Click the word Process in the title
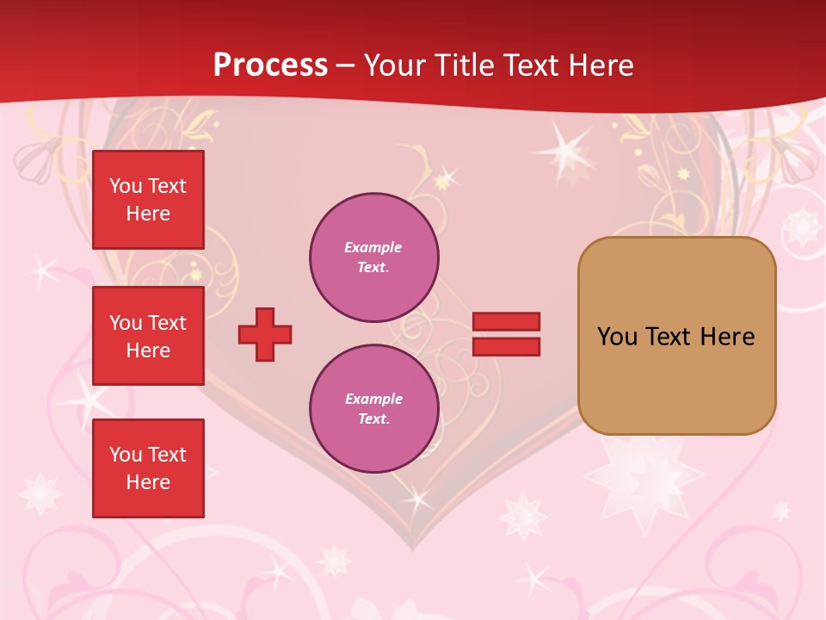click(270, 65)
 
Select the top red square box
click(148, 200)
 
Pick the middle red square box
click(148, 336)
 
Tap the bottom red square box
click(148, 468)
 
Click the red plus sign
click(265, 334)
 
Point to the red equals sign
click(506, 334)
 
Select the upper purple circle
click(374, 257)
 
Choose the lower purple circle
click(374, 409)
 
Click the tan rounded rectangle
click(676, 336)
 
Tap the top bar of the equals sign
click(506, 322)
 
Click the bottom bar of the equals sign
click(506, 346)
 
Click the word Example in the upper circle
click(373, 248)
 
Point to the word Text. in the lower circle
click(373, 419)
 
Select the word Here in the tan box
click(727, 337)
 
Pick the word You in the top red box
click(126, 186)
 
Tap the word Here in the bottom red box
click(148, 482)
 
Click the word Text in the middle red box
click(165, 323)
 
